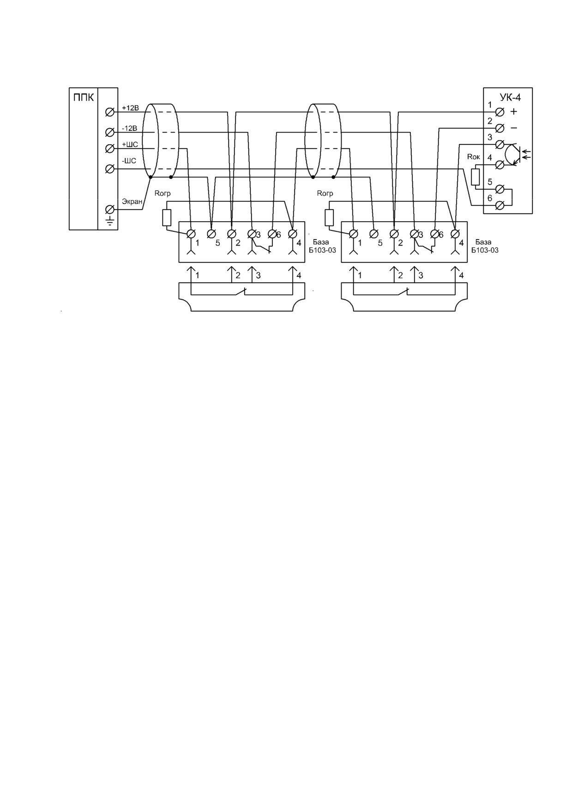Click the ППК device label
pos(84,98)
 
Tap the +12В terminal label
pos(130,108)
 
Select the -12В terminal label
pos(129,128)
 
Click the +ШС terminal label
pos(130,145)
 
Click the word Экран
pos(132,202)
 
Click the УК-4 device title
pos(510,97)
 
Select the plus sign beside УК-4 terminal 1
pos(514,112)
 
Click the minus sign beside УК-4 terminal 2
pos(514,128)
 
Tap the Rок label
pos(474,157)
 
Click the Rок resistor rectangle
pos(476,177)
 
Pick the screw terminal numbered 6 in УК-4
pos(499,206)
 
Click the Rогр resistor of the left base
pos(167,218)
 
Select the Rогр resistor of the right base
pos(329,218)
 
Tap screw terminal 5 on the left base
pos(211,234)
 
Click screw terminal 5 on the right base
pos(374,234)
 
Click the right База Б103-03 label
pos(485,246)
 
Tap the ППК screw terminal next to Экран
pos(110,209)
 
